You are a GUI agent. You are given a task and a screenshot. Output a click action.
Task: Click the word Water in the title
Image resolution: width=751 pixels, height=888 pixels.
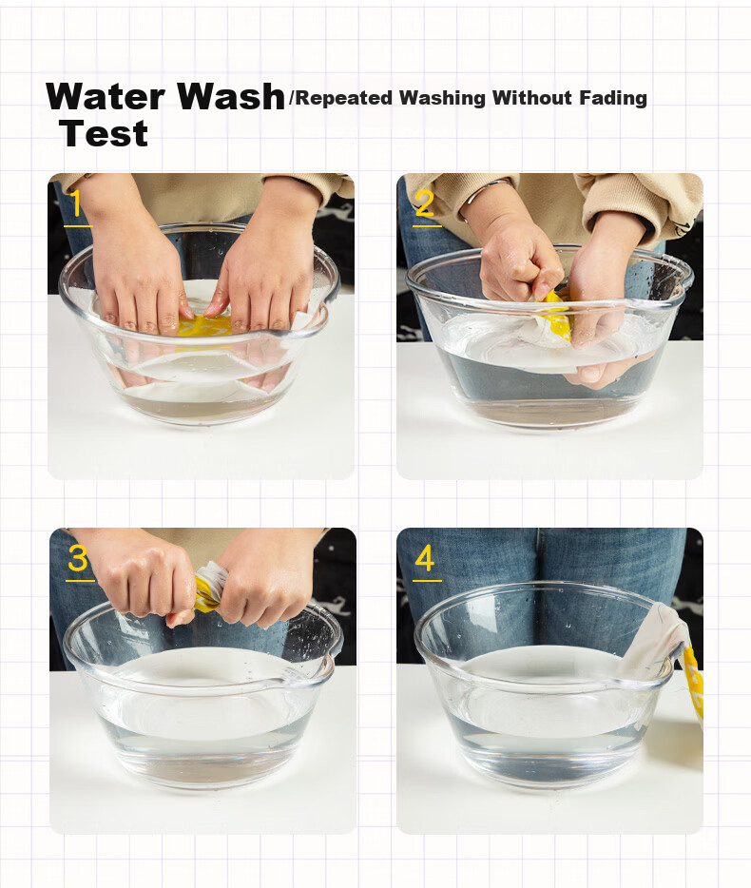[106, 96]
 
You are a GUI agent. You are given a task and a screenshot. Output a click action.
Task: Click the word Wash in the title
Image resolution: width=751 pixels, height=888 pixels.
[230, 96]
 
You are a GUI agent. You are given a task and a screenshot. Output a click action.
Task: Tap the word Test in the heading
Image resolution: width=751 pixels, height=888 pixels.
[104, 134]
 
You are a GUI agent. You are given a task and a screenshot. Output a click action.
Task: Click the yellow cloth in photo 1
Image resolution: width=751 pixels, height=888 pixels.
[203, 326]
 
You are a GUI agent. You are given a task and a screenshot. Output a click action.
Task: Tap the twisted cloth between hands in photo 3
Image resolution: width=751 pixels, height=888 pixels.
[208, 588]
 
